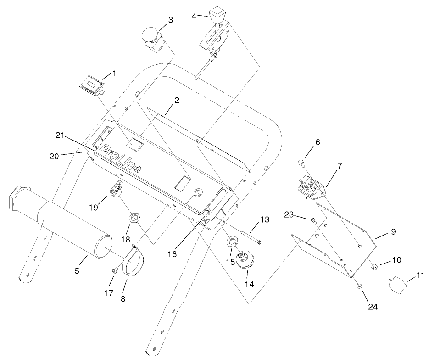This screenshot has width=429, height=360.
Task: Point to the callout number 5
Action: click(77, 271)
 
